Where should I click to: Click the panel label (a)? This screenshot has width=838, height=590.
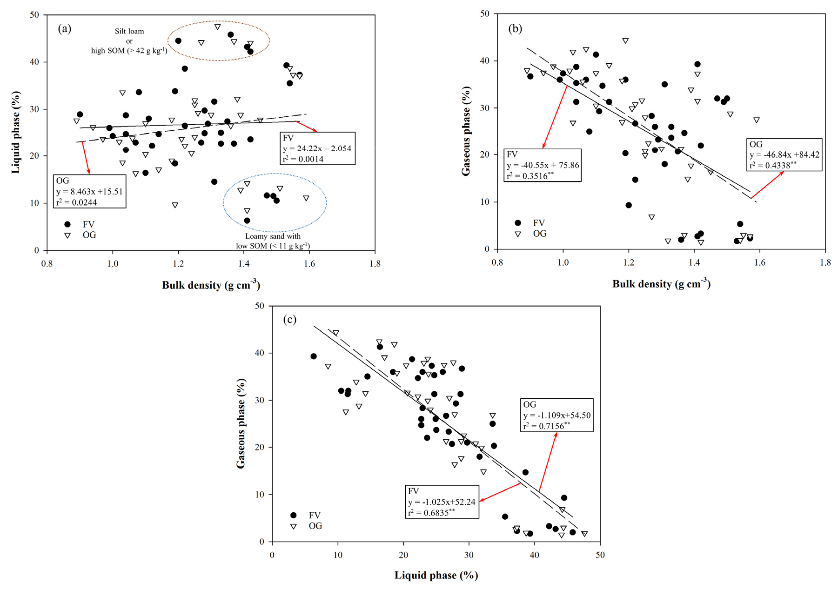click(64, 29)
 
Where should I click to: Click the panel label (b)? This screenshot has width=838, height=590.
click(515, 29)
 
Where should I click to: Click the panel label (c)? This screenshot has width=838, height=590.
click(289, 320)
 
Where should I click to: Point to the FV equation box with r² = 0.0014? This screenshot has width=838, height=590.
click(317, 148)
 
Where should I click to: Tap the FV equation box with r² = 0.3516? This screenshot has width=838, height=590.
click(543, 165)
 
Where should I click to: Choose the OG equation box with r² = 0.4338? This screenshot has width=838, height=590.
click(784, 154)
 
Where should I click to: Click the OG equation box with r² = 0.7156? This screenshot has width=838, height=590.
click(556, 415)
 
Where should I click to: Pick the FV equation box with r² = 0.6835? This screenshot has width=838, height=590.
click(442, 502)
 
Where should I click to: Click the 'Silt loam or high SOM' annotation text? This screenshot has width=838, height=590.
click(129, 41)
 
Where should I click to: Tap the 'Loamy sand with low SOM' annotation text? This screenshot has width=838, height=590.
click(273, 241)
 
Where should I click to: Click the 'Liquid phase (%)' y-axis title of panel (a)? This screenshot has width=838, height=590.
click(16, 132)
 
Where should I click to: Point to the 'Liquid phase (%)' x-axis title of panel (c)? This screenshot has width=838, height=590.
click(436, 576)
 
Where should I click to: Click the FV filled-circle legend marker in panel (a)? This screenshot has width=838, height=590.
click(67, 224)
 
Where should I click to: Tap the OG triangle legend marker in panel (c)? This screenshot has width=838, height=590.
click(294, 526)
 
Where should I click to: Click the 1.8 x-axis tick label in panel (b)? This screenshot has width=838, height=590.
click(825, 262)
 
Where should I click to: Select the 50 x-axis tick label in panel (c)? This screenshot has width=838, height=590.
click(600, 555)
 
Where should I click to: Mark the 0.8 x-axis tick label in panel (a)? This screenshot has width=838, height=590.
click(47, 264)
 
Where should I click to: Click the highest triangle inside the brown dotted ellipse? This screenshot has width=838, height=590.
click(217, 27)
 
